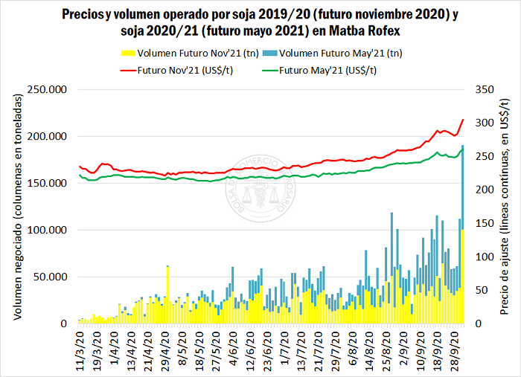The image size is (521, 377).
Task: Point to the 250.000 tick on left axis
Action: pos(46,89)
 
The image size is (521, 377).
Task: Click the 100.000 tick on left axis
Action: pos(46,230)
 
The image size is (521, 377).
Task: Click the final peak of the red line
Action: pos(463,120)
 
